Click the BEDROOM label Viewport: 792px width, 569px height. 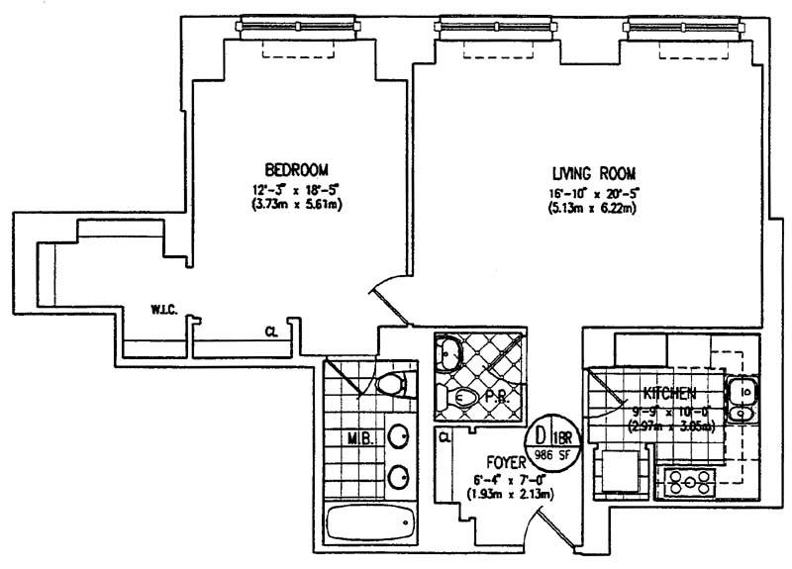[x=297, y=169]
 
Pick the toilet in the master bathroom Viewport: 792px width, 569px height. [x=393, y=384]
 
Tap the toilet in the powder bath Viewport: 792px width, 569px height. [x=460, y=398]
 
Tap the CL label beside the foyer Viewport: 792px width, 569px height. [x=445, y=436]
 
